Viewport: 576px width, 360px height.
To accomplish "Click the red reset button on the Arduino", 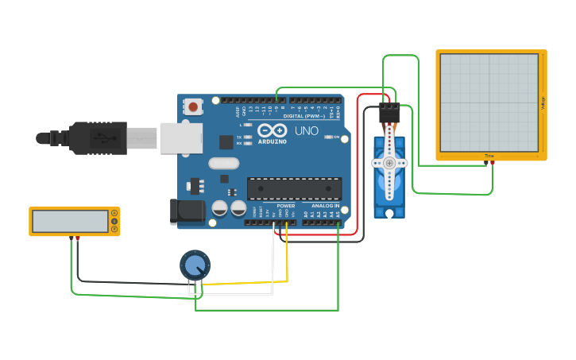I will [192, 106].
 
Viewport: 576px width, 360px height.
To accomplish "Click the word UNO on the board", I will [307, 130].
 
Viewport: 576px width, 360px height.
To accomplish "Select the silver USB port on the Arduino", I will [181, 137].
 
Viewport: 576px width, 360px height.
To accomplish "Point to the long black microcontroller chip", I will [294, 188].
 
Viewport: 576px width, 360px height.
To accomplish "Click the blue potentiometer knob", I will [195, 265].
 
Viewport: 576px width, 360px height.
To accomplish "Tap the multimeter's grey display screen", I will [70, 221].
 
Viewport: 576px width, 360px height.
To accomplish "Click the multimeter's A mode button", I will [114, 213].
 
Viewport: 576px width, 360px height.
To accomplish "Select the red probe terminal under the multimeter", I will [77, 238].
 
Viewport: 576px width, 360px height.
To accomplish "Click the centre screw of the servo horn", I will [389, 163].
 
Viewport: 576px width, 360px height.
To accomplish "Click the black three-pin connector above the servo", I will [389, 112].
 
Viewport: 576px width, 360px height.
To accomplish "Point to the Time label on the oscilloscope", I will [489, 155].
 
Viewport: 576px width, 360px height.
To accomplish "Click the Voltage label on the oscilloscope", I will [543, 103].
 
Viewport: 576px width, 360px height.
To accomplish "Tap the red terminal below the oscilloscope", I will [493, 163].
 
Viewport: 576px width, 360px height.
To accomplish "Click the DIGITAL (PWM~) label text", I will [303, 116].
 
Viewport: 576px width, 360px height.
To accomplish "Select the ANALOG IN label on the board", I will [324, 206].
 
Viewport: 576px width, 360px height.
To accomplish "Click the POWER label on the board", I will [286, 206].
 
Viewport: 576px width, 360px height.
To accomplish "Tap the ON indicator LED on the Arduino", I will [328, 137].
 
